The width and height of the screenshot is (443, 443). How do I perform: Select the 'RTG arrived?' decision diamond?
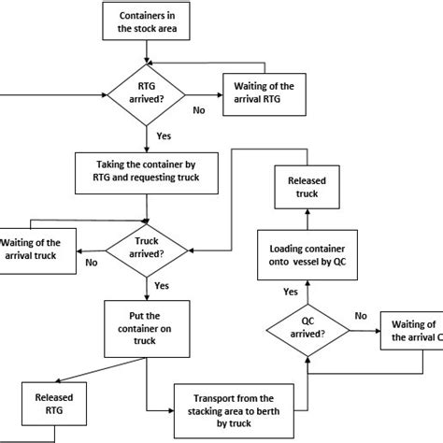point(145,93)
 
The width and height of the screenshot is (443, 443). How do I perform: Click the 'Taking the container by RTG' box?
point(144,172)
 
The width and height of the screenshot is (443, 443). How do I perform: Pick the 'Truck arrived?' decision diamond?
point(145,248)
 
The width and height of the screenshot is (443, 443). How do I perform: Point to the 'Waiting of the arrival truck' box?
point(37,249)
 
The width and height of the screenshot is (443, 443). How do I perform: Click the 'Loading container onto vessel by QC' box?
point(309,258)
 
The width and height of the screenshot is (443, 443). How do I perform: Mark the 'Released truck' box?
point(309,186)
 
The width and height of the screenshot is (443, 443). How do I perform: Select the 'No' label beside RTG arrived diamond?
point(199,109)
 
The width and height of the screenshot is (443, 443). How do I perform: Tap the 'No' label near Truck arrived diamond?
point(91,264)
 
